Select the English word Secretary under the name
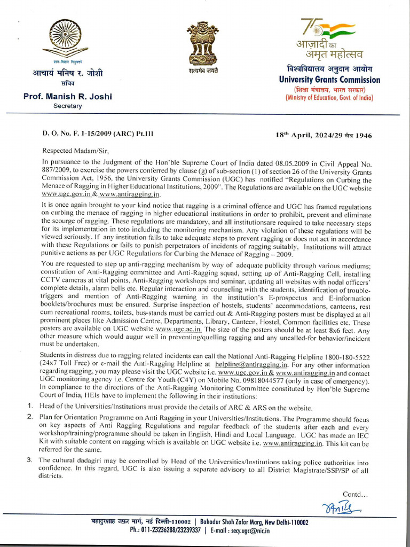tap(67, 106)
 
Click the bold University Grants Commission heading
tap(329, 80)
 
